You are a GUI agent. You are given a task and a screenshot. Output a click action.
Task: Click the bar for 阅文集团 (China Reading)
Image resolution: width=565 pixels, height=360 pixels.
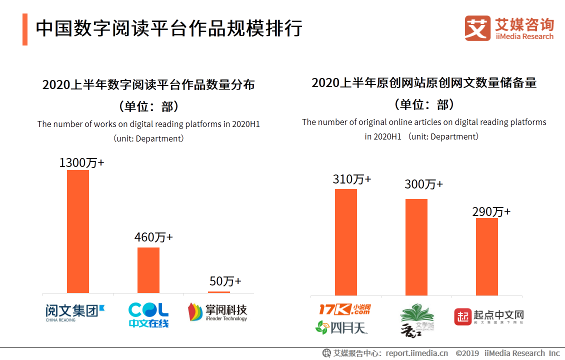pyautogui.click(x=78, y=231)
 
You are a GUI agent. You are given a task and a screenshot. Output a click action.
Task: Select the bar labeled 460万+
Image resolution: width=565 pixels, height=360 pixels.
pyautogui.click(x=148, y=270)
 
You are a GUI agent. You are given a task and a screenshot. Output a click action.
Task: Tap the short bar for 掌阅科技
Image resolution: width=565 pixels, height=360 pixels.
pyautogui.click(x=219, y=292)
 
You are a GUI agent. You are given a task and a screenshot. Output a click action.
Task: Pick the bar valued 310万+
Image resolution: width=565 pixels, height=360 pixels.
pyautogui.click(x=346, y=242)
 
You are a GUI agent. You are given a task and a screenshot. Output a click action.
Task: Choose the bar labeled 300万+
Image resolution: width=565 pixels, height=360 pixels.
pyautogui.click(x=416, y=247)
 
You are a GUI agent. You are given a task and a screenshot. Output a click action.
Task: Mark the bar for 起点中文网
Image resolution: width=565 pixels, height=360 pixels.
pyautogui.click(x=487, y=256)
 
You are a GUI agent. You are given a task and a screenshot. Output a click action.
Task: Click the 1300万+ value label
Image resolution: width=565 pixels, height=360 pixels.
pyautogui.click(x=81, y=163)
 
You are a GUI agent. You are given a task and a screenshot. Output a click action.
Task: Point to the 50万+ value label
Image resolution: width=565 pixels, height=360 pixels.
pyautogui.click(x=225, y=281)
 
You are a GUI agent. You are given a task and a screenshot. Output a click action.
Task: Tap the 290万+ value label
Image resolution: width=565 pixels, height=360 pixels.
pyautogui.click(x=491, y=211)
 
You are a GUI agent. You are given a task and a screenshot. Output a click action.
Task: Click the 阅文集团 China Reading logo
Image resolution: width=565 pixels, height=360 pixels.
pyautogui.click(x=75, y=312)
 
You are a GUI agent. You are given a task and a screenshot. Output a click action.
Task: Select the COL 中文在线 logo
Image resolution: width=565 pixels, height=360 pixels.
pyautogui.click(x=148, y=314)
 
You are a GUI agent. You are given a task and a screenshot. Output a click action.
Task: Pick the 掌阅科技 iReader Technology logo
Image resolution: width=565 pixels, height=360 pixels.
pyautogui.click(x=217, y=312)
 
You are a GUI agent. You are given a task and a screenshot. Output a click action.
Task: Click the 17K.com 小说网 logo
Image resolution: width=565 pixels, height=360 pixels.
pyautogui.click(x=345, y=309)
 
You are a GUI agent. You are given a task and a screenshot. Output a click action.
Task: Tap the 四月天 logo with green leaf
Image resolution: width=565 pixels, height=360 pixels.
pyautogui.click(x=341, y=327)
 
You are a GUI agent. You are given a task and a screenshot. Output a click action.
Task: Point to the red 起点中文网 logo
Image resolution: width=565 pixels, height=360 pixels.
pyautogui.click(x=488, y=316)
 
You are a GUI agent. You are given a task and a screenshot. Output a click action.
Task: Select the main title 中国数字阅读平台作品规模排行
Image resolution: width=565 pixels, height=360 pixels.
pyautogui.click(x=169, y=28)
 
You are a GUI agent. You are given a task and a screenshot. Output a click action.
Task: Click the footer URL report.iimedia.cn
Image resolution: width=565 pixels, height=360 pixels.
pyautogui.click(x=416, y=353)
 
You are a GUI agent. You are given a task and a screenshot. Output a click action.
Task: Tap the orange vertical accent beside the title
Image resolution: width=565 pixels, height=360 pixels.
pyautogui.click(x=25, y=29)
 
